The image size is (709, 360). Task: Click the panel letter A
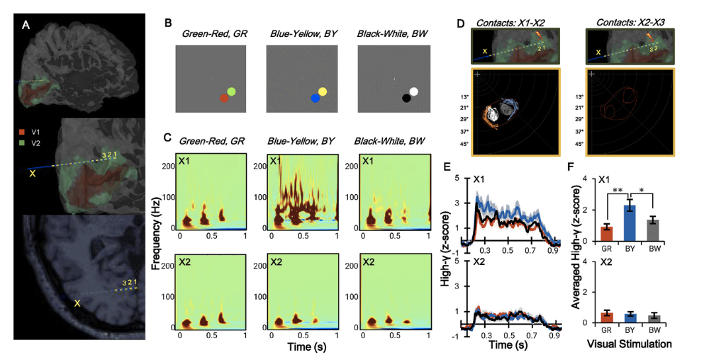click(27, 26)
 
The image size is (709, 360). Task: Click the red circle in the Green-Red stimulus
click(224, 99)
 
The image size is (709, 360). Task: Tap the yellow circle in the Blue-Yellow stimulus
click(323, 91)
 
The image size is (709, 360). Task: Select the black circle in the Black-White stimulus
click(406, 99)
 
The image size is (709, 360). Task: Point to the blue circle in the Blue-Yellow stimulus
click(316, 99)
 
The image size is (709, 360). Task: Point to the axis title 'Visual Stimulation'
click(629, 344)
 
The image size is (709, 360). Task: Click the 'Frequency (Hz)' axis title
click(157, 234)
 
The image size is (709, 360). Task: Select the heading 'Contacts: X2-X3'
click(630, 22)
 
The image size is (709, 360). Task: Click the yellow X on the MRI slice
click(78, 303)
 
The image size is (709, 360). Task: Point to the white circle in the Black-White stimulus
click(413, 91)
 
